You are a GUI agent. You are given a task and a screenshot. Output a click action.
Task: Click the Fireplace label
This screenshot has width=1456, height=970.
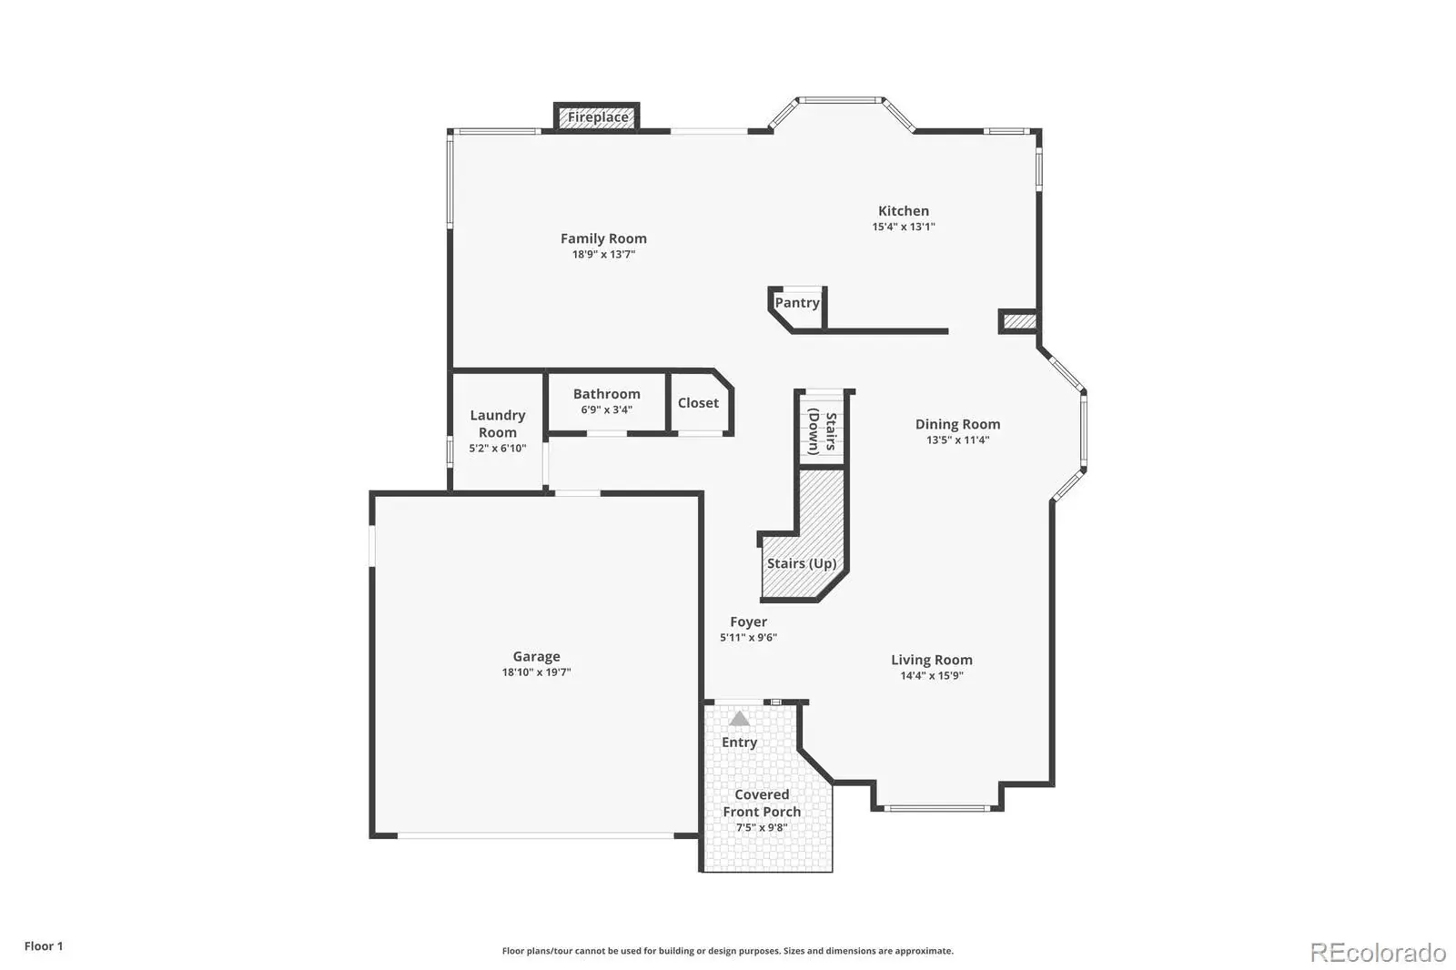[x=598, y=117]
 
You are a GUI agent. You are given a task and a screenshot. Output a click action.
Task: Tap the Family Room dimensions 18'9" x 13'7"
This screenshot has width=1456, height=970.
[x=603, y=254]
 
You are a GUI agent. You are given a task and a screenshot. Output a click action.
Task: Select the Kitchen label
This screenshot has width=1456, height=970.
[x=904, y=210]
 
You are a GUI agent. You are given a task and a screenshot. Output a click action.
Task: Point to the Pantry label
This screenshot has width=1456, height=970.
[x=797, y=303]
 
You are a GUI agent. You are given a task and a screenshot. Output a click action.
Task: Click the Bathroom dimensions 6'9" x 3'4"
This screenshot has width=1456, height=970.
[x=606, y=409]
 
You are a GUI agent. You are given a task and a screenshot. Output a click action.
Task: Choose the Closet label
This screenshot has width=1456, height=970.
[x=698, y=403]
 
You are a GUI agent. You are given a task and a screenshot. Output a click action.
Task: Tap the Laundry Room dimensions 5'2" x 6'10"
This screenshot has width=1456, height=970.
[x=497, y=448]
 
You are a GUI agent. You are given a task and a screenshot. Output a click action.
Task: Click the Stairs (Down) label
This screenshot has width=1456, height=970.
[x=822, y=431]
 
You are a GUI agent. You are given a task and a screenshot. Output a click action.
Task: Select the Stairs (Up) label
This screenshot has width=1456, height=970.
[x=802, y=563]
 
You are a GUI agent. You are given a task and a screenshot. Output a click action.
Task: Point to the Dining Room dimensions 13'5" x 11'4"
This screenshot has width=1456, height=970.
[x=957, y=440]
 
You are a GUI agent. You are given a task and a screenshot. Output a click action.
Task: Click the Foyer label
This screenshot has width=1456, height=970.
[x=748, y=622]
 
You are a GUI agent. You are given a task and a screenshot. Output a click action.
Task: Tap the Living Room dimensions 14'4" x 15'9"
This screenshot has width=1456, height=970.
[x=932, y=675]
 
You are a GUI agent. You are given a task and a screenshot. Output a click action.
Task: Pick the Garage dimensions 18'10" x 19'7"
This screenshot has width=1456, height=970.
[x=536, y=672]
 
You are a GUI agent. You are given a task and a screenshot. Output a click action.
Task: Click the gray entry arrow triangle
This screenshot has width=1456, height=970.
[x=739, y=718]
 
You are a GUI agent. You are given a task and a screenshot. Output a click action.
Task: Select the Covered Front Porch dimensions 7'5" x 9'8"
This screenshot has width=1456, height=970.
[x=762, y=828]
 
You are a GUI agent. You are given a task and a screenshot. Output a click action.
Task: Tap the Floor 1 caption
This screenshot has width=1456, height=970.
[x=44, y=946]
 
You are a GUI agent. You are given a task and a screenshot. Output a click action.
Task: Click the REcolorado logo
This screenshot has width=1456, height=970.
[x=1378, y=953]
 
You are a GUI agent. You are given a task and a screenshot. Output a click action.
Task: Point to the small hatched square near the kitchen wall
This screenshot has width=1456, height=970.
[x=1019, y=322]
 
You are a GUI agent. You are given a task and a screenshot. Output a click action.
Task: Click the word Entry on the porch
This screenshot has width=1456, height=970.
[x=739, y=743]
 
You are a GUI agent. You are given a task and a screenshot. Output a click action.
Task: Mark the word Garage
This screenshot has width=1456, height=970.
[x=536, y=657]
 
